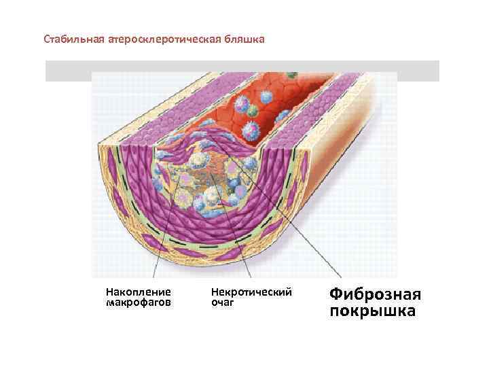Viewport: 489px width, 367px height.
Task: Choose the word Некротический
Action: pos(252,291)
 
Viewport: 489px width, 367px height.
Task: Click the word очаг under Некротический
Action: pos(223,302)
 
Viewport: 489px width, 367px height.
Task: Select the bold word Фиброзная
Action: pos(375,294)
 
